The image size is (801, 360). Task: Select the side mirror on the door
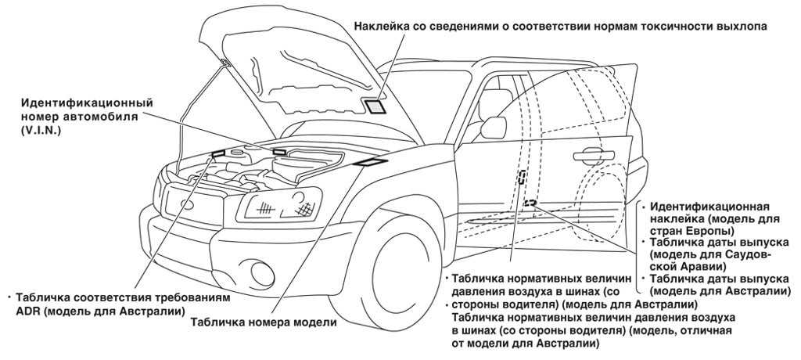point(495,128)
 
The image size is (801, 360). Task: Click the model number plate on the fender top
point(367,162)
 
